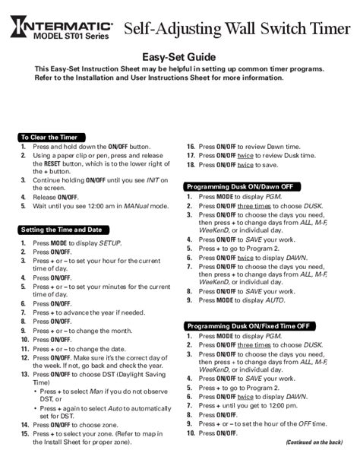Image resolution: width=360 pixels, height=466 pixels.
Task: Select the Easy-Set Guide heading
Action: click(179, 58)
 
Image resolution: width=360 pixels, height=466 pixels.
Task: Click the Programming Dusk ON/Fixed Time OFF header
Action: click(249, 325)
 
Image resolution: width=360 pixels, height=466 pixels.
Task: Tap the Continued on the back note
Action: click(314, 441)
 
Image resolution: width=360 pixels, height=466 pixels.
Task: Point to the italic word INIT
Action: click(156, 179)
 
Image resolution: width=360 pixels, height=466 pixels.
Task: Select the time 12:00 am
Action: click(103, 205)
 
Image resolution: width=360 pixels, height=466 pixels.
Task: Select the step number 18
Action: click(191, 163)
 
